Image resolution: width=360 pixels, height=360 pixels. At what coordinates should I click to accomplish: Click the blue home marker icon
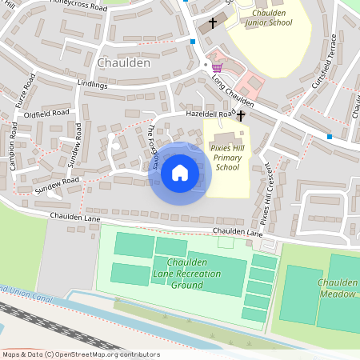[x=180, y=173]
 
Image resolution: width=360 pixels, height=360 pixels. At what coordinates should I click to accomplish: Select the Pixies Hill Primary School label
[x=227, y=158]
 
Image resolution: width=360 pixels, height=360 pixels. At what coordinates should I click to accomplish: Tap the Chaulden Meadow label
[x=336, y=288]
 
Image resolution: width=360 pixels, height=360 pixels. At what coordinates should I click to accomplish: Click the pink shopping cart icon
[x=216, y=67]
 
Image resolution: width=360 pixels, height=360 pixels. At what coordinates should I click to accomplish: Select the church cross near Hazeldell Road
[x=241, y=116]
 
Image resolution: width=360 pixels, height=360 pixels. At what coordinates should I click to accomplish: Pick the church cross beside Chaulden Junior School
[x=213, y=23]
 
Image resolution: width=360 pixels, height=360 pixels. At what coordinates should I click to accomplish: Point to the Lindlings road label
[x=93, y=83]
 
